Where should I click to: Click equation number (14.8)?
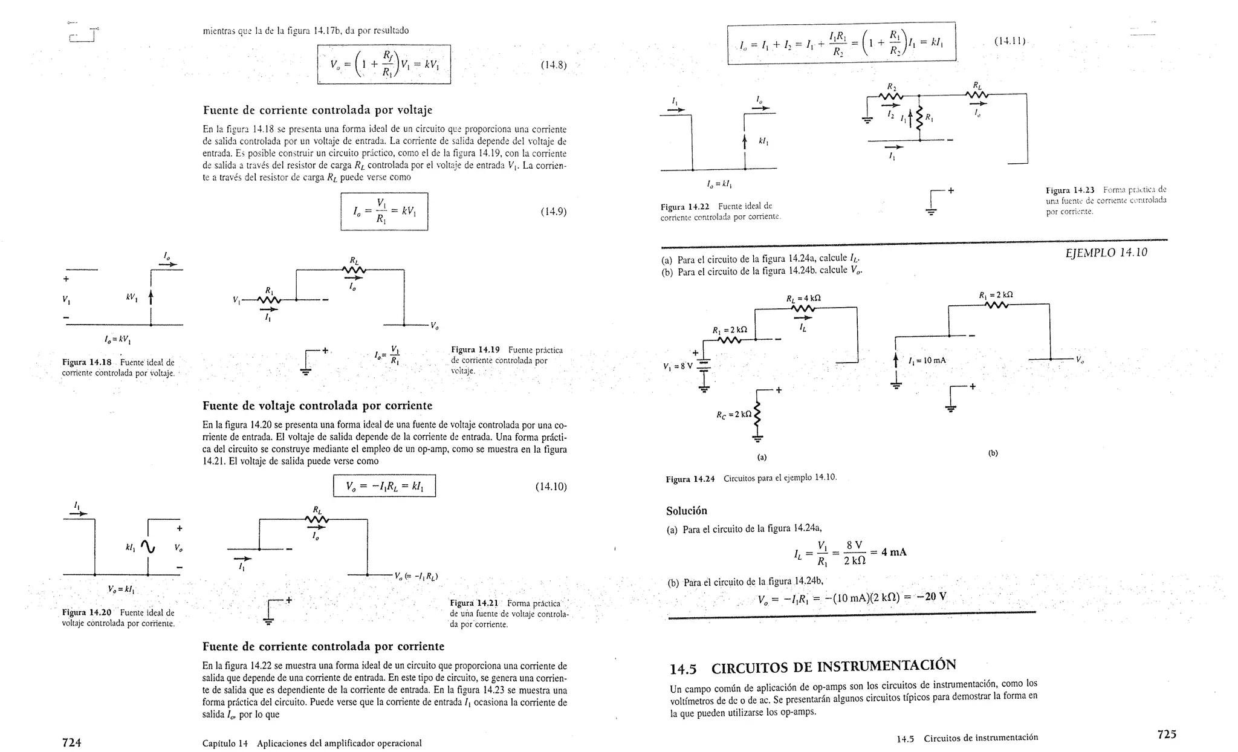[553, 65]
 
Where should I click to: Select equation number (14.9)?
[553, 212]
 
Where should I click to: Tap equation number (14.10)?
[551, 487]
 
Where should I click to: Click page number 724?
[71, 742]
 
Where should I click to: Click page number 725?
[1167, 734]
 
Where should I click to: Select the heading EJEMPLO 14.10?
[1106, 253]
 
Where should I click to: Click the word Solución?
[687, 511]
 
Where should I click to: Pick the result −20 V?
[931, 597]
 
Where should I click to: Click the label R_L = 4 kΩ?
[803, 299]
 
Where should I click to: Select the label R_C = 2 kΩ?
[733, 415]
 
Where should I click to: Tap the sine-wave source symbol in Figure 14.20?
[147, 546]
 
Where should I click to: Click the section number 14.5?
[683, 669]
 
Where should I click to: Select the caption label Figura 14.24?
[690, 479]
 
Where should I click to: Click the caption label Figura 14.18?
[86, 363]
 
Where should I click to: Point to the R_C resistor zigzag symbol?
[757, 415]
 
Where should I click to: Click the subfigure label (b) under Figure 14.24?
[993, 453]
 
